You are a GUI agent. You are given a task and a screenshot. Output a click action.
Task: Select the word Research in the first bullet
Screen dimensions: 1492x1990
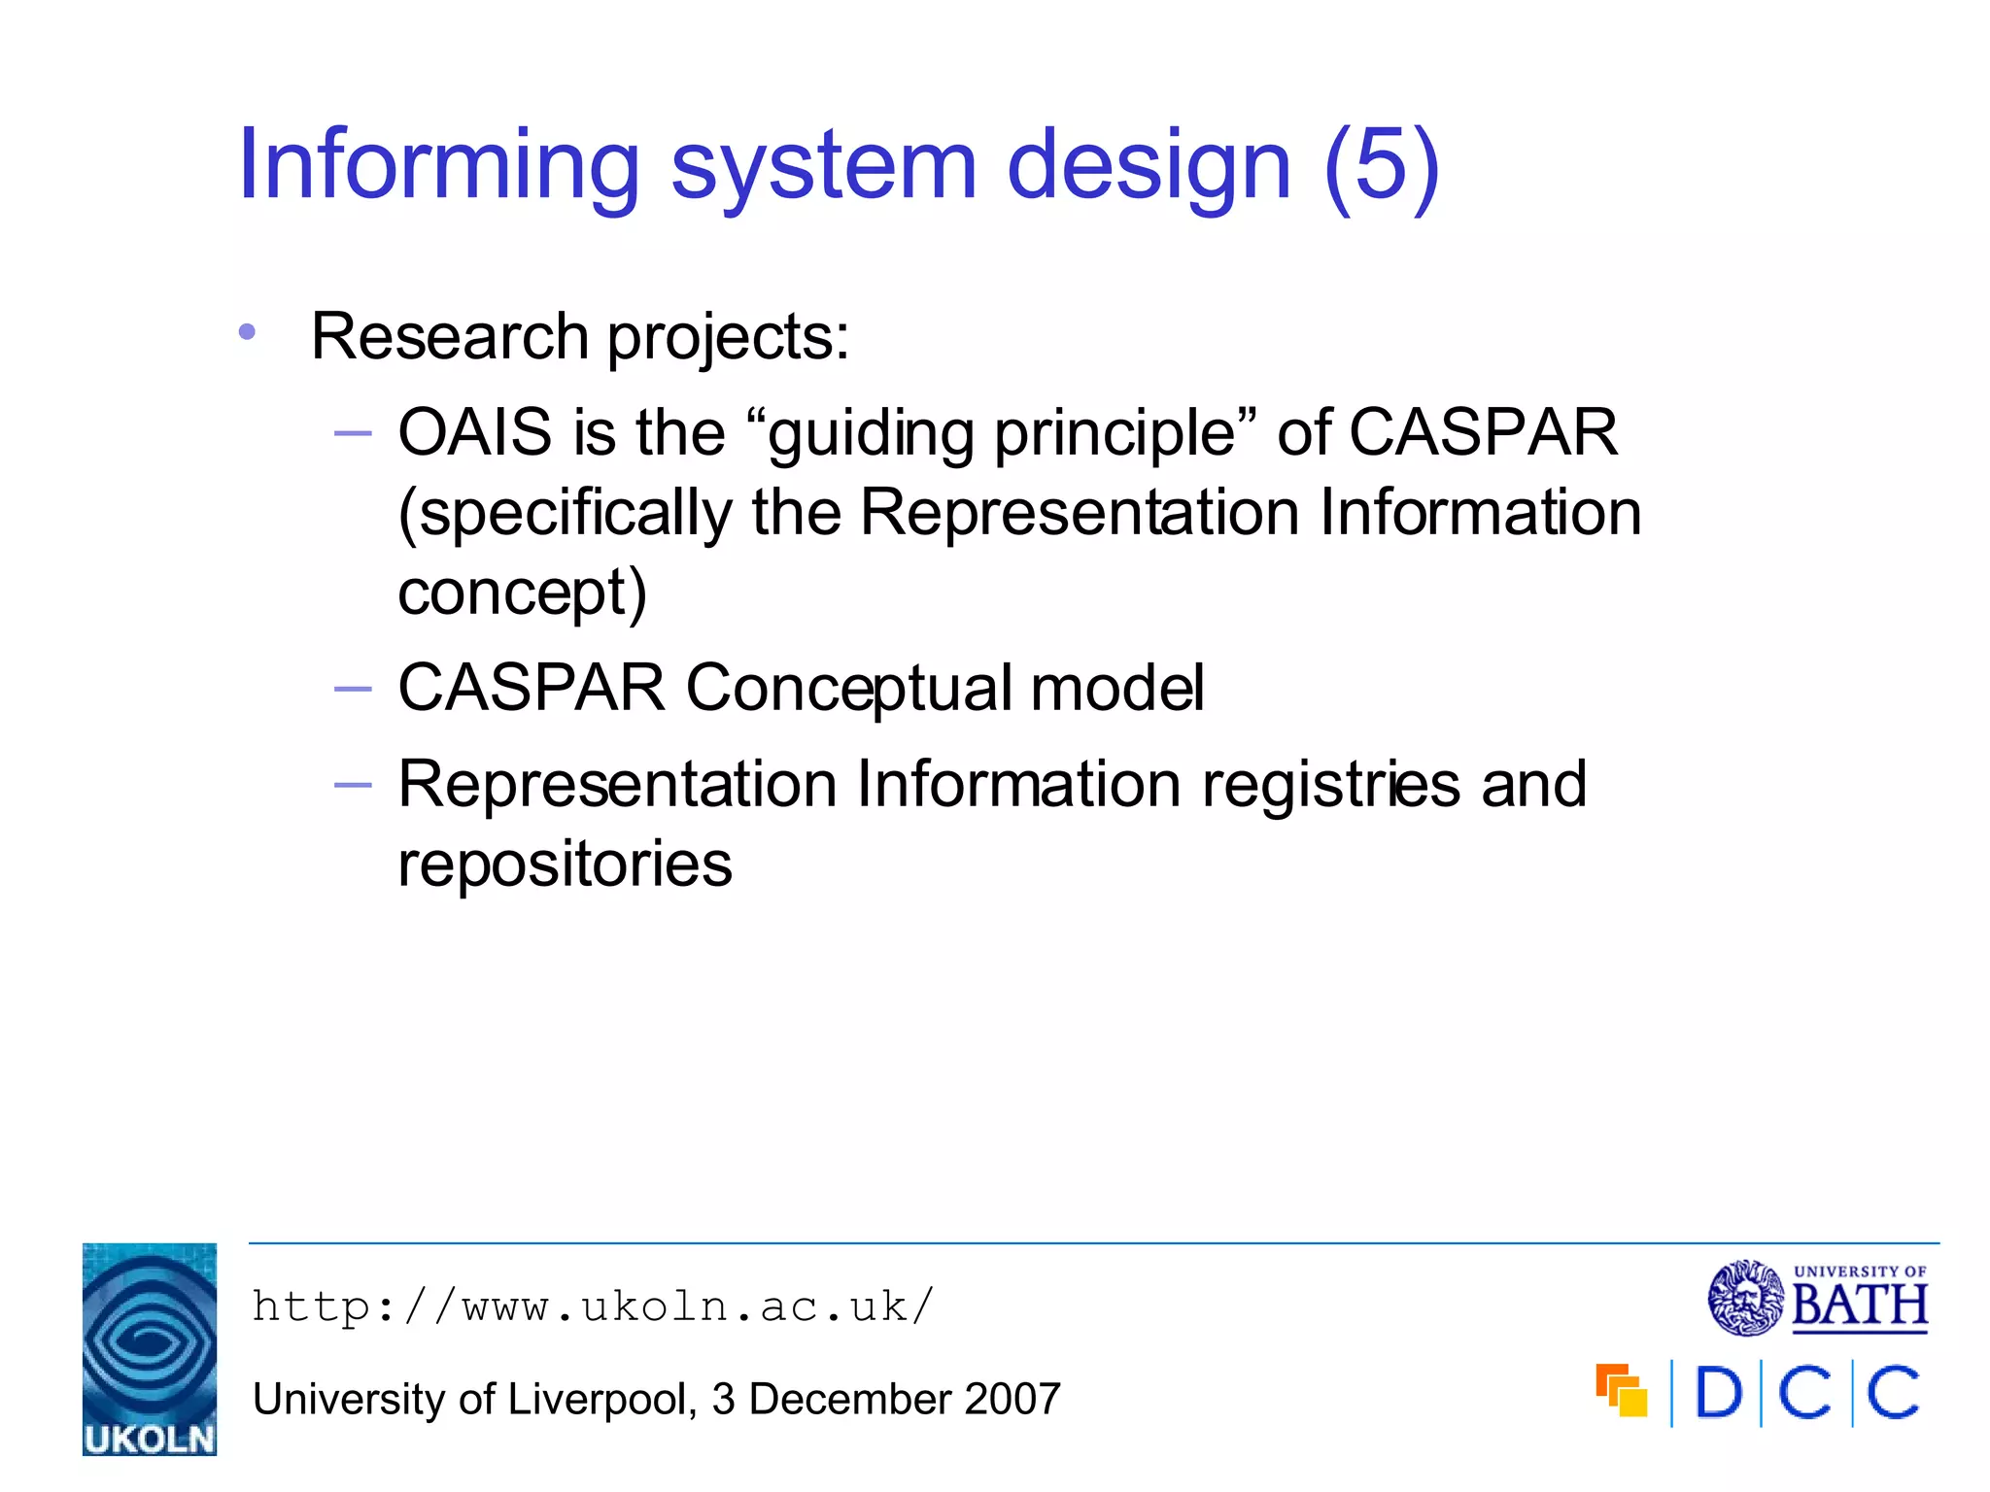(x=450, y=337)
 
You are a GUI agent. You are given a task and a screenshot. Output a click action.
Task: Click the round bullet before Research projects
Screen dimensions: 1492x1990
(x=247, y=333)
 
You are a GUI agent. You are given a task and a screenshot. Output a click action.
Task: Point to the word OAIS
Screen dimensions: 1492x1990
(x=474, y=432)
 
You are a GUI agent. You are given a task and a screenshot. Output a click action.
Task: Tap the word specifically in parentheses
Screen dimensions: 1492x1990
(x=566, y=514)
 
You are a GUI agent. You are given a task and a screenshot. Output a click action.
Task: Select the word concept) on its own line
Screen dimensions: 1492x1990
(x=522, y=593)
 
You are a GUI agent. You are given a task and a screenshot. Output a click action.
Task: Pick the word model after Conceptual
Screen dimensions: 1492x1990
(x=1116, y=689)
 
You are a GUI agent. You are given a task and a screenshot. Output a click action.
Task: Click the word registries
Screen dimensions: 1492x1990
(x=1330, y=784)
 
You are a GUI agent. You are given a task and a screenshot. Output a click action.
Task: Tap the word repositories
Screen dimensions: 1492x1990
(x=565, y=864)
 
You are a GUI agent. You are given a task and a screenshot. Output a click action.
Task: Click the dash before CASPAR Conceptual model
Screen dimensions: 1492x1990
(x=352, y=689)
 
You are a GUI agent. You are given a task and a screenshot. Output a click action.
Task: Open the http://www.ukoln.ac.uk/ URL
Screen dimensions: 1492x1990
(x=593, y=1306)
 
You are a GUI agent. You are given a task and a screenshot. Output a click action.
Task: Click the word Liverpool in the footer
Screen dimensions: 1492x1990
(x=597, y=1400)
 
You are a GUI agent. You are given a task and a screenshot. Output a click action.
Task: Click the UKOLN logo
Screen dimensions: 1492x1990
(x=149, y=1349)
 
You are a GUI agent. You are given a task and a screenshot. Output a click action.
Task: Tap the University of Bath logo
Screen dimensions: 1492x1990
(x=1817, y=1299)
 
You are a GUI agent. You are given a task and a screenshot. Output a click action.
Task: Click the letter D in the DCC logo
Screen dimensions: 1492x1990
(x=1718, y=1394)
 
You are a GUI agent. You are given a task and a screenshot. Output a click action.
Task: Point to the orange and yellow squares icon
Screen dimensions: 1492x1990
(x=1621, y=1392)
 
